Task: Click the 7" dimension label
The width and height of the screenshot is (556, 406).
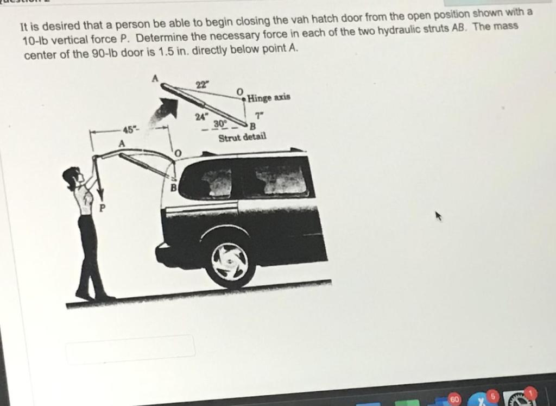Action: (x=260, y=116)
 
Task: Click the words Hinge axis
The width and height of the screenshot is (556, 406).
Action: (x=269, y=97)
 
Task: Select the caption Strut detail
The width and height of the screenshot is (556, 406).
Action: (x=242, y=137)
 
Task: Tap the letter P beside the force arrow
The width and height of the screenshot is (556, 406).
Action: (x=103, y=207)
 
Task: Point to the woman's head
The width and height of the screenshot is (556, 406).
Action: (x=72, y=177)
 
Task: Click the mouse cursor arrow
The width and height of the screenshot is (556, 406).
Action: (x=439, y=215)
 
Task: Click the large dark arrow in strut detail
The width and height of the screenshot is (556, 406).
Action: (x=168, y=107)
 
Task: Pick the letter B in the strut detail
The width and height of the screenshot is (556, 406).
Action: (x=252, y=126)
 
